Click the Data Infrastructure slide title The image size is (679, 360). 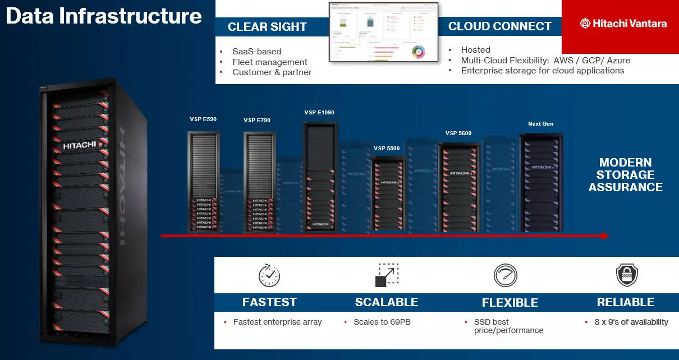104,16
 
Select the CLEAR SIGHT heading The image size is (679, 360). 267,27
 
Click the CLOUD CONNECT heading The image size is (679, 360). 499,26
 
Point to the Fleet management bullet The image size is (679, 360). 269,62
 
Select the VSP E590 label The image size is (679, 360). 203,119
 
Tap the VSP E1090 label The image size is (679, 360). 319,113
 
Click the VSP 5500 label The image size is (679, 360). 387,149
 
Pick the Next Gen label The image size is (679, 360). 540,124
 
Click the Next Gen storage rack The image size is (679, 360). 541,182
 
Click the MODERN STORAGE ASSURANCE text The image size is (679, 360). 625,175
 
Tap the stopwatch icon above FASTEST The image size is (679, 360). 269,275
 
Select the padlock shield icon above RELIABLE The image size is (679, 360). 626,275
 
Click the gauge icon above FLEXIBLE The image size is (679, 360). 505,275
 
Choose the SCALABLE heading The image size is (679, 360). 386,302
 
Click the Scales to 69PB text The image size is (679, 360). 382,322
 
